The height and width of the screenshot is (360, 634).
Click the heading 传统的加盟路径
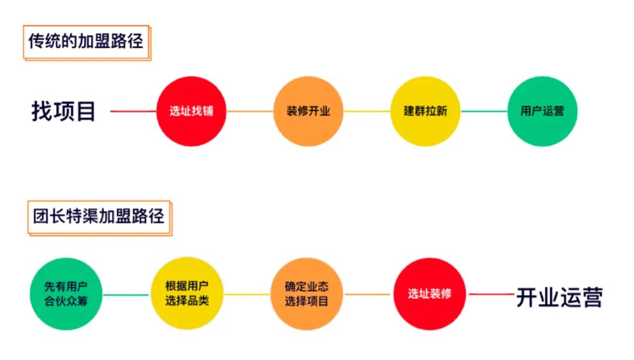click(x=86, y=41)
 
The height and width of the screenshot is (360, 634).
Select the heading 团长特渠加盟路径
click(x=99, y=217)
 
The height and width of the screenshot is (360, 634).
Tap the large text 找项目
click(x=63, y=112)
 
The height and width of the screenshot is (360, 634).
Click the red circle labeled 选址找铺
click(x=191, y=112)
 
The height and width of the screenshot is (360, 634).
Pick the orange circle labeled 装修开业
click(x=308, y=112)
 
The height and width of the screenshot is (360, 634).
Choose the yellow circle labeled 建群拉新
click(x=425, y=112)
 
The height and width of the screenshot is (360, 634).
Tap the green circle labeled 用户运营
click(x=542, y=112)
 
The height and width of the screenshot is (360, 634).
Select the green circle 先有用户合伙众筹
click(x=66, y=294)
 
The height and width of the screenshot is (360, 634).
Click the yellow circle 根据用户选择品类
click(x=187, y=294)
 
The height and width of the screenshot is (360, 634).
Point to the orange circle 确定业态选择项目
click(x=306, y=294)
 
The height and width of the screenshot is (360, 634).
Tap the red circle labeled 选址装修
click(x=430, y=294)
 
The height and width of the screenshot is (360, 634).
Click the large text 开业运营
click(x=559, y=297)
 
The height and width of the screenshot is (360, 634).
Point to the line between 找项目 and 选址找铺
click(x=133, y=112)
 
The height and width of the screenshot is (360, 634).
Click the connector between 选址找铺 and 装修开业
click(x=250, y=112)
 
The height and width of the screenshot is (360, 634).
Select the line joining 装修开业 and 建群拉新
click(x=367, y=112)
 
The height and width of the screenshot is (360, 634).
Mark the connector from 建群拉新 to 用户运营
click(x=484, y=112)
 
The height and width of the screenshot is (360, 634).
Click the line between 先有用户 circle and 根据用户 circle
click(x=126, y=294)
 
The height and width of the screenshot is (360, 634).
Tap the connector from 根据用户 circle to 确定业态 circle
click(x=247, y=294)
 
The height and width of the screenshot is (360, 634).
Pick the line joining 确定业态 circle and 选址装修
click(x=367, y=294)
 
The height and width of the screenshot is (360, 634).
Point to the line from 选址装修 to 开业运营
click(x=490, y=294)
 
